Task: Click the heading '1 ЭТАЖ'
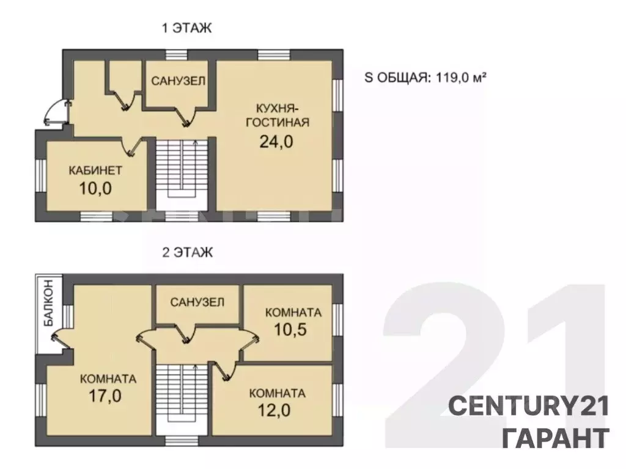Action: click(187, 28)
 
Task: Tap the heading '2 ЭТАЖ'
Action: click(187, 253)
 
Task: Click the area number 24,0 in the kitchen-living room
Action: click(276, 141)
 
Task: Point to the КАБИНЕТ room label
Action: click(95, 171)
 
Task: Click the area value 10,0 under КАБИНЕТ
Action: click(95, 188)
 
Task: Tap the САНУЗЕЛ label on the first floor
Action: click(178, 81)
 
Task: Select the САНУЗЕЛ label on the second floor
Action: click(197, 302)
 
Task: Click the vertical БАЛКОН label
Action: click(48, 304)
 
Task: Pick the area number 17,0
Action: click(105, 396)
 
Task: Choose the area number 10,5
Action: click(290, 329)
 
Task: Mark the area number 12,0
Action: click(274, 410)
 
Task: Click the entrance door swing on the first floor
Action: click(56, 113)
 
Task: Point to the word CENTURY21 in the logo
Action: click(529, 407)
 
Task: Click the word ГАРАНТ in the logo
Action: click(556, 438)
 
